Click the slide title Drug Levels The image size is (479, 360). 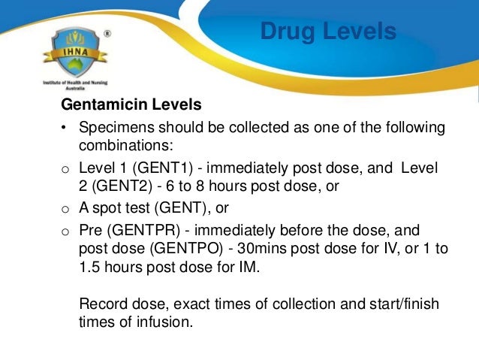point(327,32)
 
